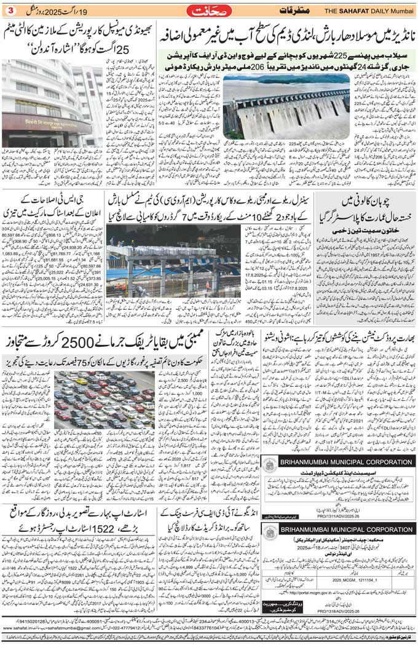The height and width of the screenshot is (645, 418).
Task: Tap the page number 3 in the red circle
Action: pos(10,10)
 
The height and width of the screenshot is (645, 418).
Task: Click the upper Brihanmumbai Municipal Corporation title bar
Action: pos(344,462)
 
